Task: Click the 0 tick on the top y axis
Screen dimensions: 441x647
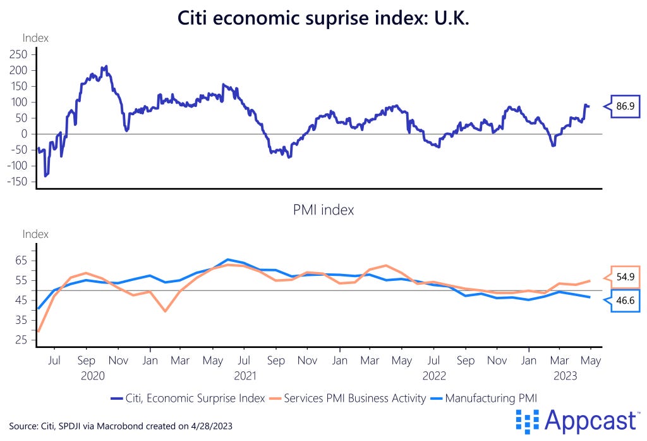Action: tap(23, 134)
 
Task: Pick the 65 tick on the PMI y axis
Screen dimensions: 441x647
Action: tap(21, 260)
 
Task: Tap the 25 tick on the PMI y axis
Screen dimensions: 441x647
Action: tap(21, 340)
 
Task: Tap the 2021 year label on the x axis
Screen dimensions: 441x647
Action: tap(245, 375)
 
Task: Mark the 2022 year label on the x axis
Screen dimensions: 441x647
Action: tap(434, 375)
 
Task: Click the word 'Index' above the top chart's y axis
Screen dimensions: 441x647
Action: tap(35, 38)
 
